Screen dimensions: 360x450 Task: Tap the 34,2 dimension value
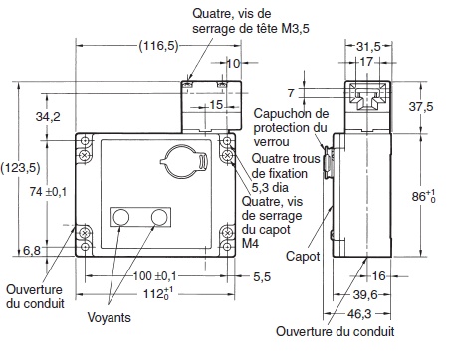click(x=46, y=117)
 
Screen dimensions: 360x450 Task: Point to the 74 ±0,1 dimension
click(x=48, y=191)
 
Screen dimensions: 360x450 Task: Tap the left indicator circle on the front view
click(x=123, y=217)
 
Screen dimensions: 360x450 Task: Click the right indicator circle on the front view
click(x=157, y=217)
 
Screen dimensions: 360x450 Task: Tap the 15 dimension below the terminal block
click(x=216, y=104)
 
